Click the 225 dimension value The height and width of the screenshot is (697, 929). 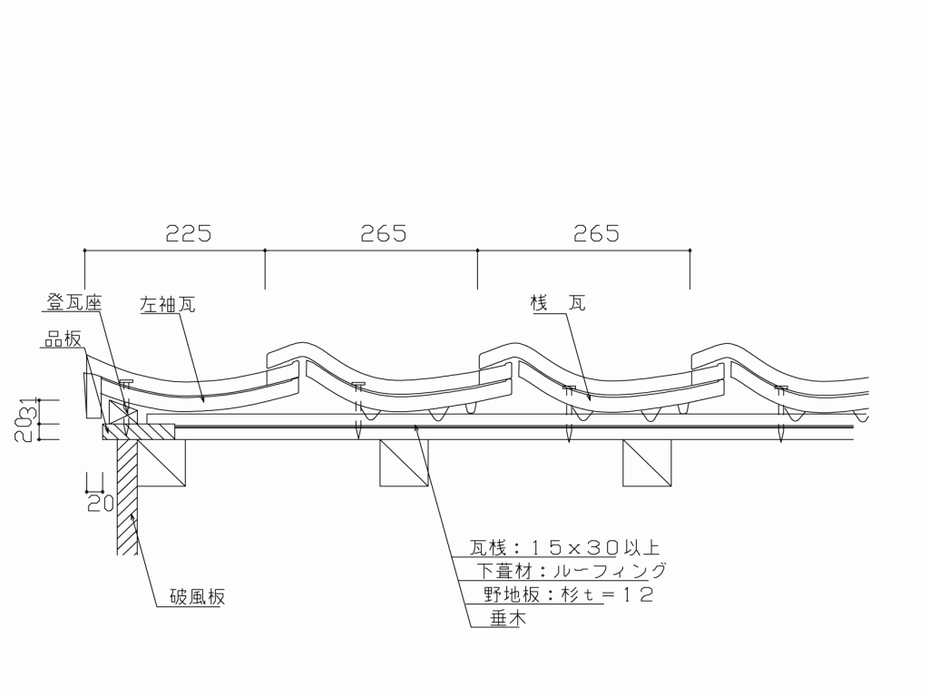[x=188, y=233]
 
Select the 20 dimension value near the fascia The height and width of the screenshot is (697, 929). [x=100, y=503]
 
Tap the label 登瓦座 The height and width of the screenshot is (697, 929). [x=74, y=303]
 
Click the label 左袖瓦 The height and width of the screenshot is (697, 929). [x=168, y=304]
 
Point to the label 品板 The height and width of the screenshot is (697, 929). [x=64, y=339]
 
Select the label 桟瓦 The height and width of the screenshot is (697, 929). [x=558, y=303]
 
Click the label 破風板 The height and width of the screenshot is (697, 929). [x=197, y=596]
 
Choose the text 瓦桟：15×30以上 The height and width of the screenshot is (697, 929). [x=564, y=547]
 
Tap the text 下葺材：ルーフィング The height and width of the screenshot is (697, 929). [x=572, y=571]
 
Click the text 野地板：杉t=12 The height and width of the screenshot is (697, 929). [x=568, y=594]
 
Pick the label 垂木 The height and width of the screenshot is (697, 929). [x=508, y=618]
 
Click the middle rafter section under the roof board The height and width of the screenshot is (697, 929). [x=404, y=463]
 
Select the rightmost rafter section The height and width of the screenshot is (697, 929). [x=647, y=463]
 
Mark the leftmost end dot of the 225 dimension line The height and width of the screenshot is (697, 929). [x=84, y=250]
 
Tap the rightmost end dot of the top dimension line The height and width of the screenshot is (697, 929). [x=690, y=250]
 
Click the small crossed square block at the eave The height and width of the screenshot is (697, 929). [x=123, y=412]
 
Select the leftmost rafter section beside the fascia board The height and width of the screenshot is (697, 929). [x=161, y=463]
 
